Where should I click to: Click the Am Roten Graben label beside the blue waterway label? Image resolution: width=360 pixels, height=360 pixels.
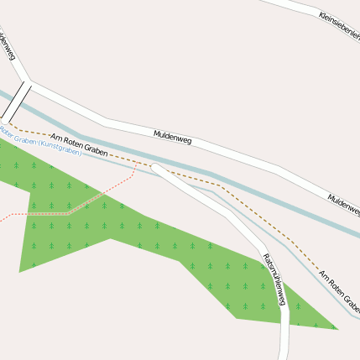tap(79, 145)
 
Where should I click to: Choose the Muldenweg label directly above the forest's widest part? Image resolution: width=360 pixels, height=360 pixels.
tap(173, 137)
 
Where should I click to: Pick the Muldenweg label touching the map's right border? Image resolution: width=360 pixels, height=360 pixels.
tap(343, 204)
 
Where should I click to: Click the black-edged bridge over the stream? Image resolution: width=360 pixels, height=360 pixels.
tap(16, 101)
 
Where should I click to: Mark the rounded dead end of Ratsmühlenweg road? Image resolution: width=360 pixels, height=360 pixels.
tap(156, 169)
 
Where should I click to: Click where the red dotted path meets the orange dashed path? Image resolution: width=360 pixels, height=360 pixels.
tap(137, 163)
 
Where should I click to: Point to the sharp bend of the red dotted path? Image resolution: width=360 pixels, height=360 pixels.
tap(69, 213)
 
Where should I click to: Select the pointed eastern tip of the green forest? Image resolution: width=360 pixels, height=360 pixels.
tap(337, 328)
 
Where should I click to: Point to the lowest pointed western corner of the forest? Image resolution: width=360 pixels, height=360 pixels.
tap(20, 271)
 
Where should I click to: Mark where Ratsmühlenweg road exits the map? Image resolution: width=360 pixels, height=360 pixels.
tap(284, 357)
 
